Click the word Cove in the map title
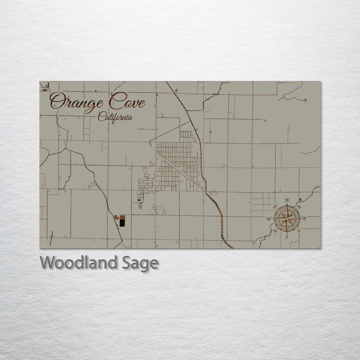pyautogui.click(x=127, y=102)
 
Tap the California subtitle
pyautogui.click(x=115, y=117)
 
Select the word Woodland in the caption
pyautogui.click(x=79, y=263)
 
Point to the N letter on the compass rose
pyautogui.click(x=287, y=200)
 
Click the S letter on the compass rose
pyautogui.click(x=286, y=237)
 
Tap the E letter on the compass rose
pyautogui.click(x=305, y=219)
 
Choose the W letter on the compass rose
pyautogui.click(x=268, y=219)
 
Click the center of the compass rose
pyautogui.click(x=287, y=218)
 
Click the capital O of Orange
pyautogui.click(x=57, y=102)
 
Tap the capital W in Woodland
pyautogui.click(x=47, y=262)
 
